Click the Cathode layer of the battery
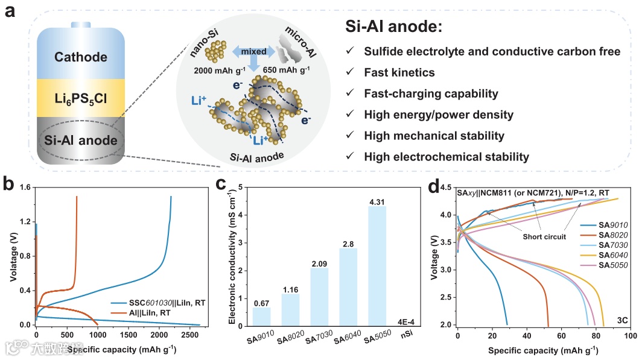(x=80, y=57)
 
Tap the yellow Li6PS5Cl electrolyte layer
(x=80, y=97)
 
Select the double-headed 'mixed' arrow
(x=254, y=52)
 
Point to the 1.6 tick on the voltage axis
(x=24, y=188)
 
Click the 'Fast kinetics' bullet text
(x=399, y=73)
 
